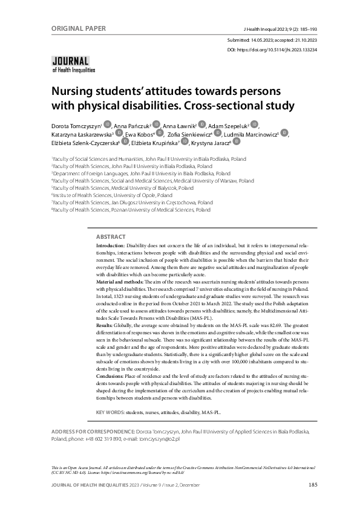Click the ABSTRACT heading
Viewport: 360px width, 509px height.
click(111, 237)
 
